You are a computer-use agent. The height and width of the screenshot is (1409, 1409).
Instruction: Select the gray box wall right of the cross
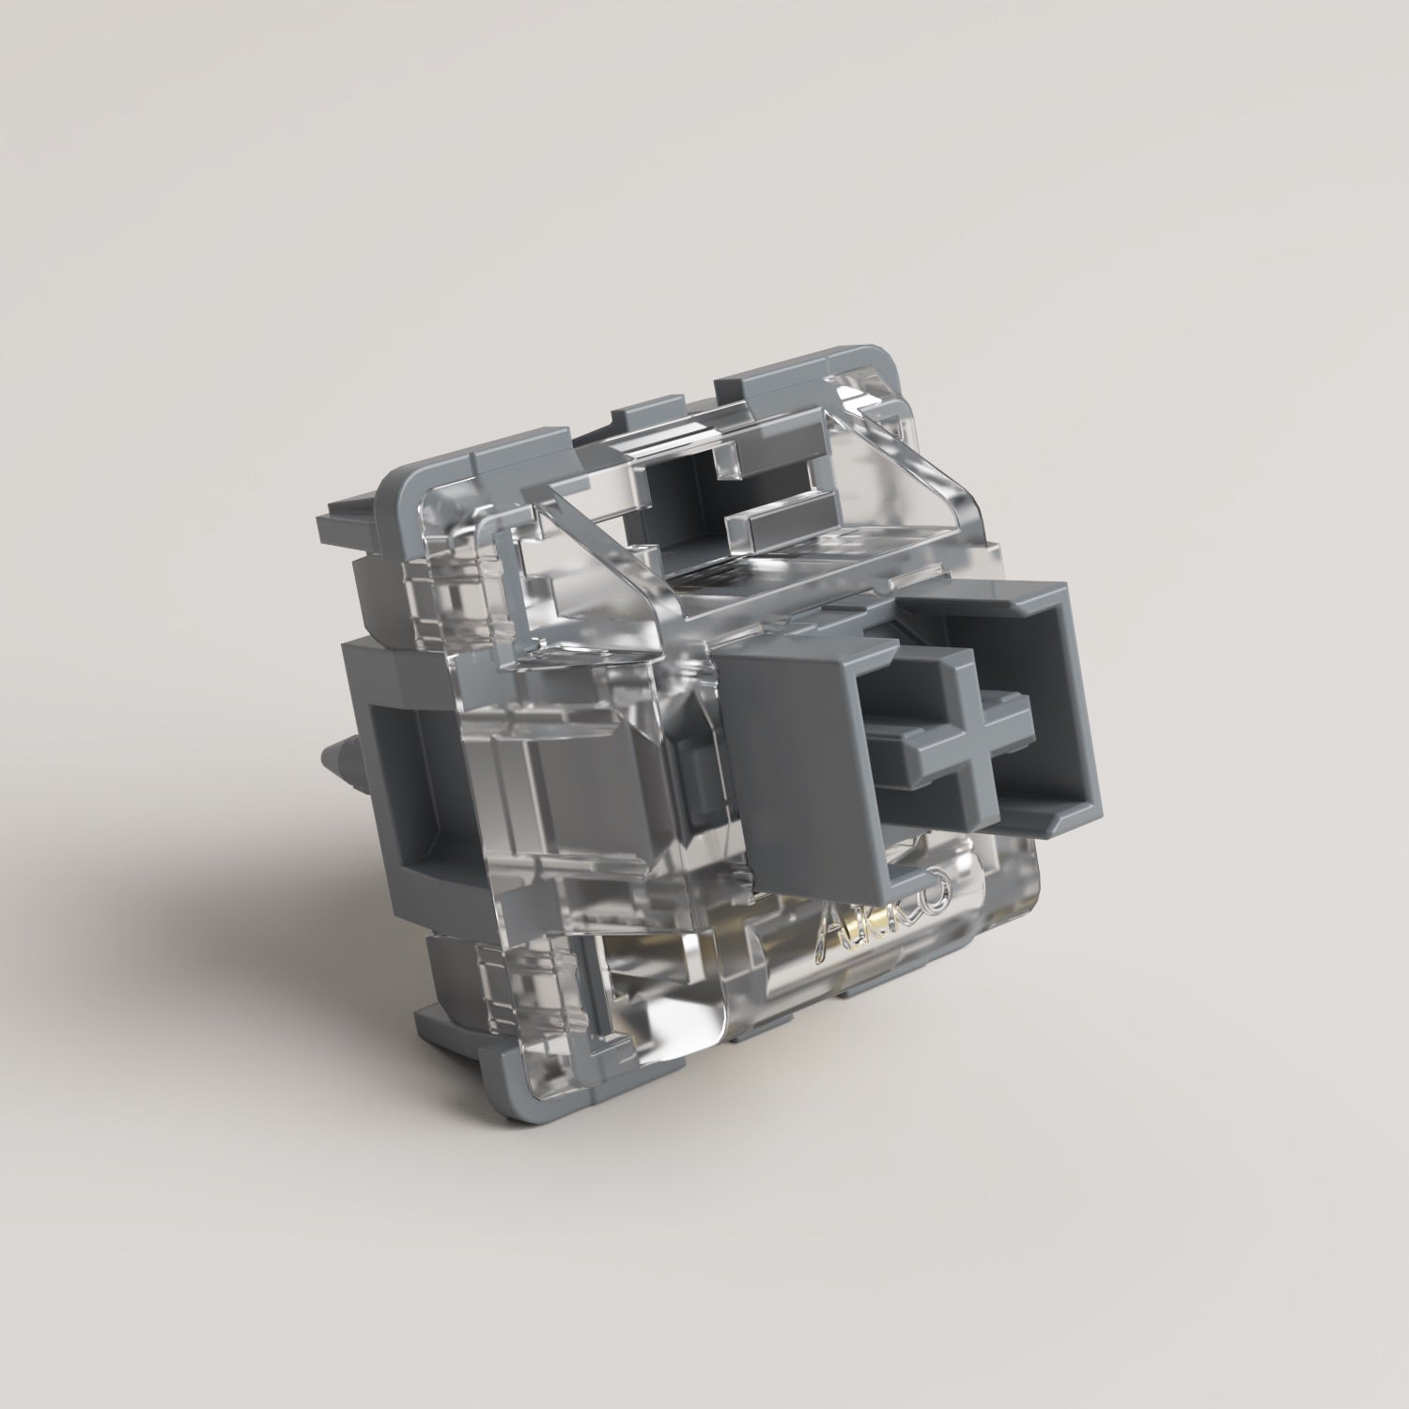(x=1080, y=714)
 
